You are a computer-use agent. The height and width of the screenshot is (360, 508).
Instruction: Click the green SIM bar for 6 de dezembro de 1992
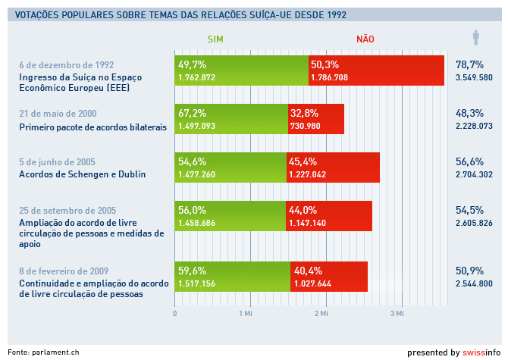(x=241, y=70)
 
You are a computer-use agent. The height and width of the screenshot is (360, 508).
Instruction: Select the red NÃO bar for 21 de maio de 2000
(x=316, y=119)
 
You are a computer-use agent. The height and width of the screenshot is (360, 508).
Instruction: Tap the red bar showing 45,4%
(x=333, y=167)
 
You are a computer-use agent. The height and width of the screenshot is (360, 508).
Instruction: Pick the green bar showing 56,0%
(x=230, y=216)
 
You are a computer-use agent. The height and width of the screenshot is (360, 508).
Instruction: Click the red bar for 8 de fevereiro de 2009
(x=329, y=277)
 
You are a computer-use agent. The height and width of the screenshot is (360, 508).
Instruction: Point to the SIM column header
(x=215, y=39)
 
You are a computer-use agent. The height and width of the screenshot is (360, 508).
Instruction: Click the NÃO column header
(x=365, y=39)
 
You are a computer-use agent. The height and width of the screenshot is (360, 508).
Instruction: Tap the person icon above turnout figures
(x=475, y=38)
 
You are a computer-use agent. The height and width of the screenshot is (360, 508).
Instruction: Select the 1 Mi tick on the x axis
(x=246, y=313)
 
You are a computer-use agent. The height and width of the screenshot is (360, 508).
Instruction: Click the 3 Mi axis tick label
(x=397, y=313)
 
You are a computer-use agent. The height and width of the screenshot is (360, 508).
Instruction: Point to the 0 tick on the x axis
(x=175, y=313)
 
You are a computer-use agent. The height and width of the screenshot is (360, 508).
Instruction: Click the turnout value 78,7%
(x=469, y=64)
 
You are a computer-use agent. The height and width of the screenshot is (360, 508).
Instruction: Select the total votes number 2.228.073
(x=474, y=126)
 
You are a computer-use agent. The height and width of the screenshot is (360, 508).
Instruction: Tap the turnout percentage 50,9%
(x=469, y=271)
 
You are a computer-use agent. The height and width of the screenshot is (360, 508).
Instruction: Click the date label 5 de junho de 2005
(x=57, y=162)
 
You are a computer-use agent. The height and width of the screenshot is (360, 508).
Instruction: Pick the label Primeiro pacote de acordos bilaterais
(x=93, y=127)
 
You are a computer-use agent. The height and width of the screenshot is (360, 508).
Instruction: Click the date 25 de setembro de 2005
(x=67, y=211)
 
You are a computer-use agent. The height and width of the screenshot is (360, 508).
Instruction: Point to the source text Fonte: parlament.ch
(x=43, y=352)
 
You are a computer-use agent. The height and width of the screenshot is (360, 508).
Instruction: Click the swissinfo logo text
(x=481, y=352)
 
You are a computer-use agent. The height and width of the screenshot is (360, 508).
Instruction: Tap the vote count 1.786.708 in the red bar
(x=329, y=78)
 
